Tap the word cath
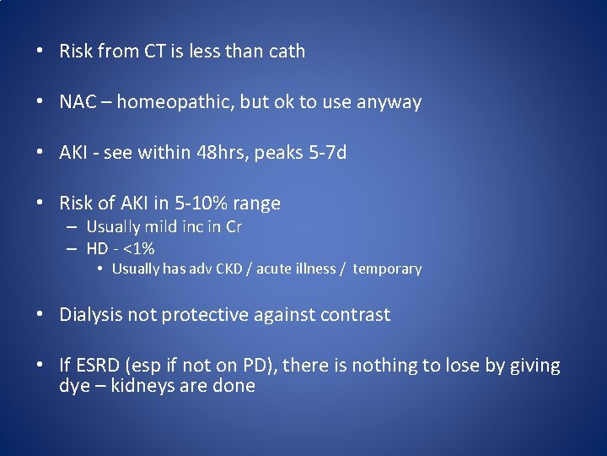(x=286, y=52)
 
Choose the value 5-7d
(x=325, y=153)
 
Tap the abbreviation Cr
(x=233, y=227)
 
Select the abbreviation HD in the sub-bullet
(x=98, y=248)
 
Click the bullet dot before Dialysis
(x=40, y=315)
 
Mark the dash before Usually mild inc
(x=73, y=227)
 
